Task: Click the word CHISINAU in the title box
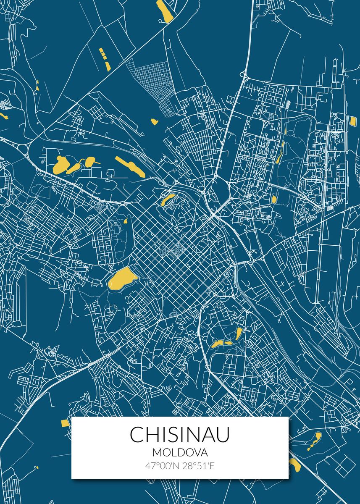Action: pos(180,435)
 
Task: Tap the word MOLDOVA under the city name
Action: pos(180,453)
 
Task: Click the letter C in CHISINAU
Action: pos(137,435)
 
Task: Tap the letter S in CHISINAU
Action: pos(173,435)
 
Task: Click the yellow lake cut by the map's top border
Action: pos(165,10)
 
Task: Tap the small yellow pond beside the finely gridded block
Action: pos(154,122)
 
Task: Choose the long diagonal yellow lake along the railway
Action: pos(130,167)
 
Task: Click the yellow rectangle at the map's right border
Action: pos(352,121)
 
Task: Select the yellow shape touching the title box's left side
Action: pos(66,423)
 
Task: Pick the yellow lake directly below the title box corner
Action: pos(294,465)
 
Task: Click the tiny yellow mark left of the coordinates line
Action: pos(37,467)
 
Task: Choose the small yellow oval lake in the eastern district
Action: pos(274,199)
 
